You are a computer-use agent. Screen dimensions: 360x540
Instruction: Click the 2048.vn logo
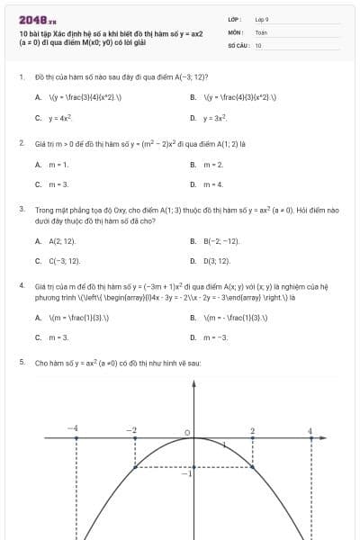[x=37, y=19]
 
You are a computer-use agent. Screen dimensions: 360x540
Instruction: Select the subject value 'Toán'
[x=261, y=31]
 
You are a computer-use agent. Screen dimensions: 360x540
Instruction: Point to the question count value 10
[x=258, y=44]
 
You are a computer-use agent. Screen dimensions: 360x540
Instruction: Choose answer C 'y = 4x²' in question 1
[x=59, y=118]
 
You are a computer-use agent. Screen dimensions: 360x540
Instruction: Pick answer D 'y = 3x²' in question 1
[x=214, y=118]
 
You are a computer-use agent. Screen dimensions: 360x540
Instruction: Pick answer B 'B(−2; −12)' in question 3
[x=221, y=241]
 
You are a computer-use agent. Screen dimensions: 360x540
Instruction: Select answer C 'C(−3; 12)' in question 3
[x=64, y=261]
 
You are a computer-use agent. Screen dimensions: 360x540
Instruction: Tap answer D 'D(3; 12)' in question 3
[x=217, y=261]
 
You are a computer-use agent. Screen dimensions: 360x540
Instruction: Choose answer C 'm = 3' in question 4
[x=58, y=337]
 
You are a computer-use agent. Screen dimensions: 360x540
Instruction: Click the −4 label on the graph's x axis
[x=73, y=427]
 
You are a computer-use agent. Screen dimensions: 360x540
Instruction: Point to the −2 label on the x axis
[x=131, y=427]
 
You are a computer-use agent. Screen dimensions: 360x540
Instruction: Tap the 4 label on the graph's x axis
[x=310, y=431]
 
